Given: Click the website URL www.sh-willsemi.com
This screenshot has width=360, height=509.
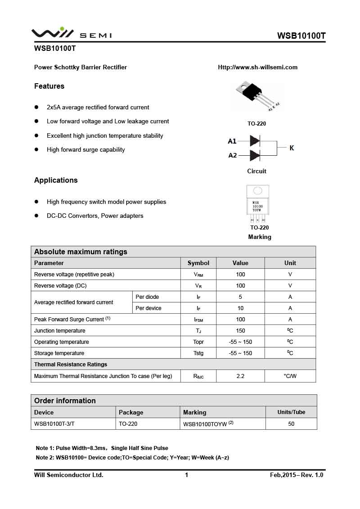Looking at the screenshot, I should point(257,68).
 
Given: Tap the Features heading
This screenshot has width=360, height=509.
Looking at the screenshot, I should point(49,86).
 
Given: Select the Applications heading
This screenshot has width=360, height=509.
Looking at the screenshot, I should point(56,180).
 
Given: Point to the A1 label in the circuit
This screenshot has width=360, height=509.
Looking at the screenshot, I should point(232,141).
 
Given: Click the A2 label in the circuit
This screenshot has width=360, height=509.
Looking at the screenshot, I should point(232,155).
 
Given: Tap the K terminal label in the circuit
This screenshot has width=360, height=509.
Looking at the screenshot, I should point(292,148).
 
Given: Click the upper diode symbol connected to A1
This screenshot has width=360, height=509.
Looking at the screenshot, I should point(255,141).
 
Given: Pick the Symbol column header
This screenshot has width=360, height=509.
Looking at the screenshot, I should point(198,263).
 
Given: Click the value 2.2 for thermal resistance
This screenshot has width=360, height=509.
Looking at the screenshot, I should point(240,376).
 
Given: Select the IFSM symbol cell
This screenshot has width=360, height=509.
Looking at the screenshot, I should point(198,320).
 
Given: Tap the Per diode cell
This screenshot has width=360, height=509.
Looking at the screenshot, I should point(147,297).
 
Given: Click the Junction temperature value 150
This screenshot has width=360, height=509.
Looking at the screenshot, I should point(240,331).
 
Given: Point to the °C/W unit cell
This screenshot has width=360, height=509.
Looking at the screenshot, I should point(290,376).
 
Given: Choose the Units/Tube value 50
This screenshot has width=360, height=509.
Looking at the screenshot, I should point(291,424).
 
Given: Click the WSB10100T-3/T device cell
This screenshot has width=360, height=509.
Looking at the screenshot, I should point(54,424).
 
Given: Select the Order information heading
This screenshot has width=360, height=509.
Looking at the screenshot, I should point(65,401).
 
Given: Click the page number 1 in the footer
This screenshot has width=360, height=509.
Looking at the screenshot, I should point(186,475).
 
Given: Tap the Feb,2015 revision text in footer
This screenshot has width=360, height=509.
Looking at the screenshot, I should point(297,475).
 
